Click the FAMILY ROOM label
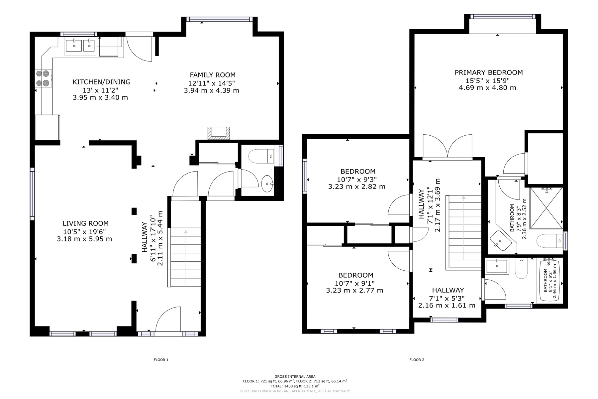tap(213, 75)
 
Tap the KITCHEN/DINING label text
tap(102, 82)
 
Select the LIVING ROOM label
tap(86, 223)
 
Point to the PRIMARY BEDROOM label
tap(489, 72)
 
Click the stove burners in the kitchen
tap(44, 78)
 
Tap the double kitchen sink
tap(80, 46)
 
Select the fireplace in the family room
tap(218, 133)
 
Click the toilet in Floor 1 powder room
tap(261, 156)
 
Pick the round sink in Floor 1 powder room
tap(267, 184)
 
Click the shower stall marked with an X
tap(546, 208)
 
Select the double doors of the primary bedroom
tap(448, 146)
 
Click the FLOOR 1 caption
tap(161, 360)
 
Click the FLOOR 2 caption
tap(417, 360)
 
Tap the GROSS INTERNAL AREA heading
tap(295, 377)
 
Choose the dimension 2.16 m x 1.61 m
tap(447, 305)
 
